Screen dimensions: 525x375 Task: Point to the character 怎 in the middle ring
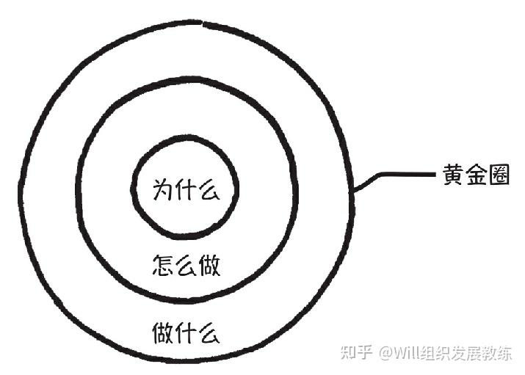click(163, 263)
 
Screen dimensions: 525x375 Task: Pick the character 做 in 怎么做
click(209, 263)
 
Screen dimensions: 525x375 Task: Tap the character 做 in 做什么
click(164, 332)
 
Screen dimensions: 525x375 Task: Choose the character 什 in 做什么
click(187, 332)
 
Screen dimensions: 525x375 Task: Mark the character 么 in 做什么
click(209, 332)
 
